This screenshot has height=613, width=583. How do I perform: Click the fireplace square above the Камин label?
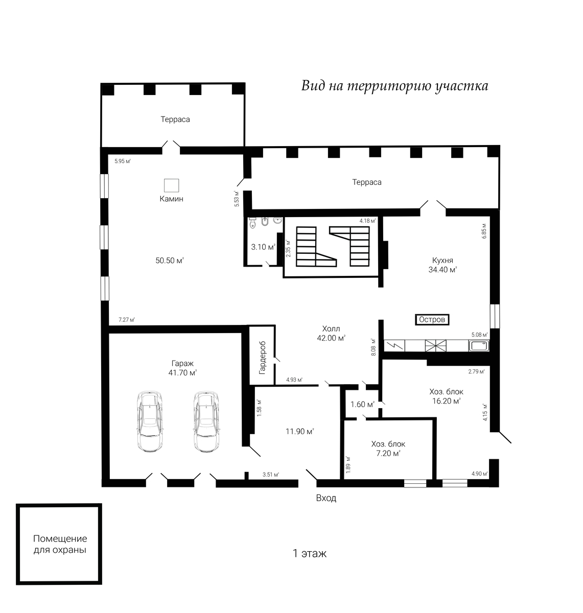pyautogui.click(x=172, y=185)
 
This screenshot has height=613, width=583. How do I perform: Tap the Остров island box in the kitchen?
pyautogui.click(x=432, y=320)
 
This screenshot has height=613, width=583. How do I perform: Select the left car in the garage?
pyautogui.click(x=150, y=421)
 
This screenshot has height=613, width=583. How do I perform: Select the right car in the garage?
pyautogui.click(x=206, y=421)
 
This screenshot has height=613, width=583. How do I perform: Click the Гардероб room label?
pyautogui.click(x=262, y=358)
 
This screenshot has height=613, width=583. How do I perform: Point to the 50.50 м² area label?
pyautogui.click(x=170, y=261)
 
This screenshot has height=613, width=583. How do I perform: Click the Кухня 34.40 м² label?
pyautogui.click(x=442, y=265)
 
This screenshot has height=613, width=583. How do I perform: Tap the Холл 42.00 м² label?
pyautogui.click(x=331, y=333)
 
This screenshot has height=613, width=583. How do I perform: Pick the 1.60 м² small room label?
pyautogui.click(x=362, y=405)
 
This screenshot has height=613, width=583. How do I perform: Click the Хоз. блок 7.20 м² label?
pyautogui.click(x=388, y=449)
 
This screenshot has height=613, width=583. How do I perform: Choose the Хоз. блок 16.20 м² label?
pyautogui.click(x=447, y=396)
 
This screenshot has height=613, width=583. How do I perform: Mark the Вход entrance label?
pyautogui.click(x=327, y=498)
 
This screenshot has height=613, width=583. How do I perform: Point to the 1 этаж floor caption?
pyautogui.click(x=310, y=553)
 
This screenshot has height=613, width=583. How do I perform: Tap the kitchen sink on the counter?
pyautogui.click(x=478, y=346)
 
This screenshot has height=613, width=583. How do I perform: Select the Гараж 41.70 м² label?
pyautogui.click(x=183, y=368)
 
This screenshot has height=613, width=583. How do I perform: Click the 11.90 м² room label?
pyautogui.click(x=300, y=432)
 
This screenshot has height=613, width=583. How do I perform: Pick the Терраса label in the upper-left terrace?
pyautogui.click(x=175, y=120)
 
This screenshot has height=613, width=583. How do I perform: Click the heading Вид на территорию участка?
pyautogui.click(x=394, y=86)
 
